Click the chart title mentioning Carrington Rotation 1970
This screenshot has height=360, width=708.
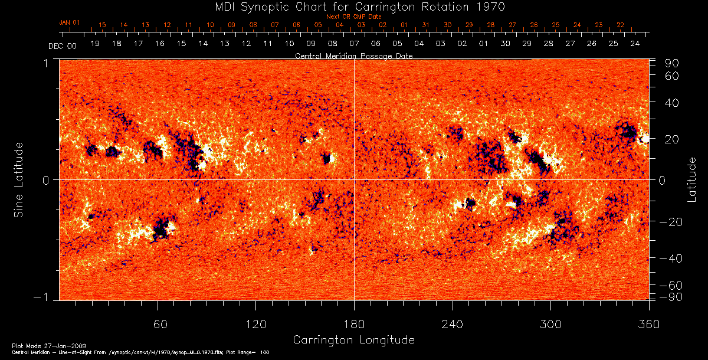point(354,7)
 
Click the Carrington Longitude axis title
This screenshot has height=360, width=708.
point(353,340)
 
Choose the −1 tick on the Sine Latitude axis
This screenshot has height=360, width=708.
point(44,296)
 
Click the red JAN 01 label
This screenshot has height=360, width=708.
point(69,22)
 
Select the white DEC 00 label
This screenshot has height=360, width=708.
point(62,45)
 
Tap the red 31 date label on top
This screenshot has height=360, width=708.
point(426,25)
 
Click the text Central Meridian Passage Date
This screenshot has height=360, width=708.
point(353,55)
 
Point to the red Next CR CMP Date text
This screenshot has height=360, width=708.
point(353,17)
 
